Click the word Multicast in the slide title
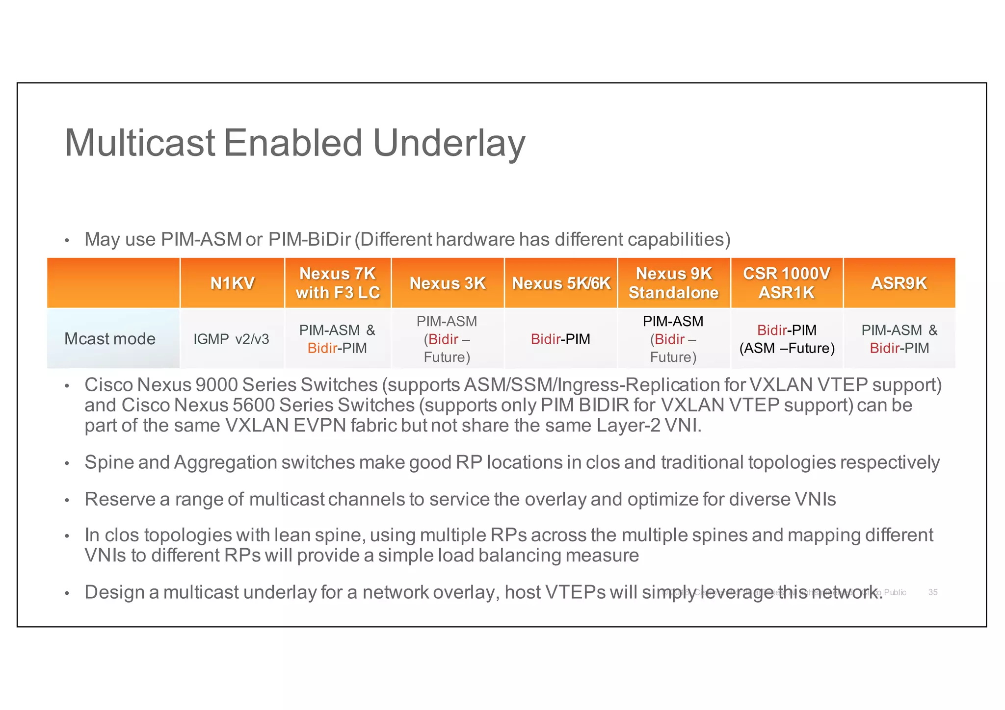tap(140, 143)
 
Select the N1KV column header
tap(232, 283)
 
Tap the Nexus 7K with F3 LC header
tap(338, 283)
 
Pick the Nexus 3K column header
tap(447, 283)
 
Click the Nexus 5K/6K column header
tap(560, 283)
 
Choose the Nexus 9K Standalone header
tap(673, 283)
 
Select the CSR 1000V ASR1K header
tap(786, 283)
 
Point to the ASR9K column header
tap(899, 283)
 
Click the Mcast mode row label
tap(110, 339)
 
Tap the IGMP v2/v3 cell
tap(231, 339)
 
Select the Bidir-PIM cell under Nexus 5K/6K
tap(560, 339)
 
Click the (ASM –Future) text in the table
tap(787, 348)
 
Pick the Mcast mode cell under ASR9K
tap(899, 339)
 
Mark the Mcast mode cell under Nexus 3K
tap(447, 339)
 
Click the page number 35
tap(933, 592)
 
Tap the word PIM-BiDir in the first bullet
tap(309, 239)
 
